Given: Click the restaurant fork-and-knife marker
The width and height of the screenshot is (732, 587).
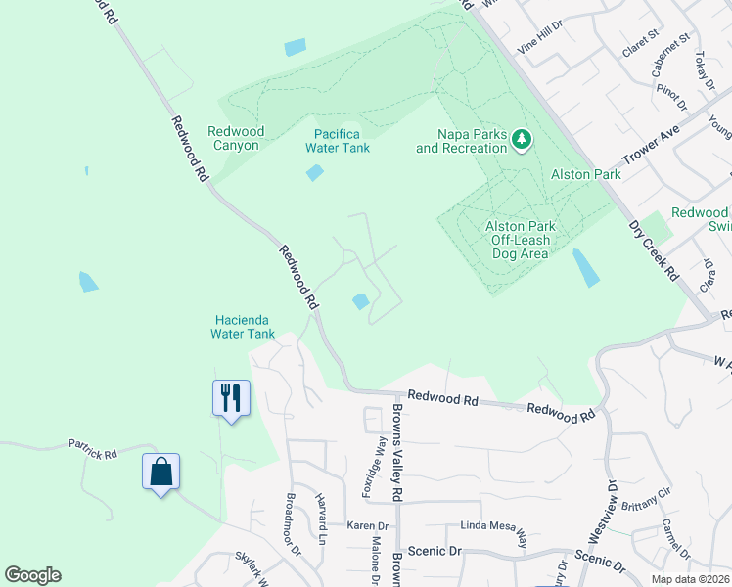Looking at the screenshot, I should tap(231, 397).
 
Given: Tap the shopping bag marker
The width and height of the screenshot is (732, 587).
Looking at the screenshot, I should tap(160, 472).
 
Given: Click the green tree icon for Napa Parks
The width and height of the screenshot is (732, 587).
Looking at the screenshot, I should tap(522, 141).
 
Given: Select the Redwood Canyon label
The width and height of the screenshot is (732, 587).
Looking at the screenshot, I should tap(233, 139).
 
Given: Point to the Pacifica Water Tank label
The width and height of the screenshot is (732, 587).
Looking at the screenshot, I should tap(338, 141).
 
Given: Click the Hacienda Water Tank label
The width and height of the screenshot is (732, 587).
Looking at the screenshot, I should tap(243, 327).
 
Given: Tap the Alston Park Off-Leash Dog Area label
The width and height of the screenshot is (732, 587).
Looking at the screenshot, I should tap(518, 240).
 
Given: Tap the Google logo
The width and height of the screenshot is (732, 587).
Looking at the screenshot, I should tap(32, 575).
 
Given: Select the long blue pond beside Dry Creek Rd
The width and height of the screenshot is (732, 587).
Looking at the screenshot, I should tap(586, 267).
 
